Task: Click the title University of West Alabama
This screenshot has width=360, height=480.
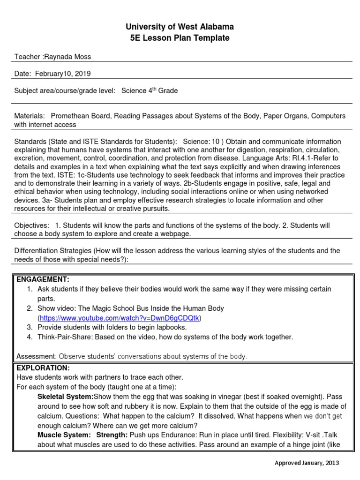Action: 180,27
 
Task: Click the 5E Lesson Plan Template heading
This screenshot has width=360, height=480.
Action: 180,38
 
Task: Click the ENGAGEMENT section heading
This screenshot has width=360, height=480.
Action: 43,279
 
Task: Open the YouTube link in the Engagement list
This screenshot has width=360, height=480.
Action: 120,318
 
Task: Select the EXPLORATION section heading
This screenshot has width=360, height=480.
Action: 43,367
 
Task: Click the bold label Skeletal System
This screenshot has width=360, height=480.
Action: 65,397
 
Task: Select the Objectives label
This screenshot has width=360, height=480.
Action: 30,225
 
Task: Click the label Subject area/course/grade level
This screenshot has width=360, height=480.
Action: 65,91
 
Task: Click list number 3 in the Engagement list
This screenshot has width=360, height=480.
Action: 29,327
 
